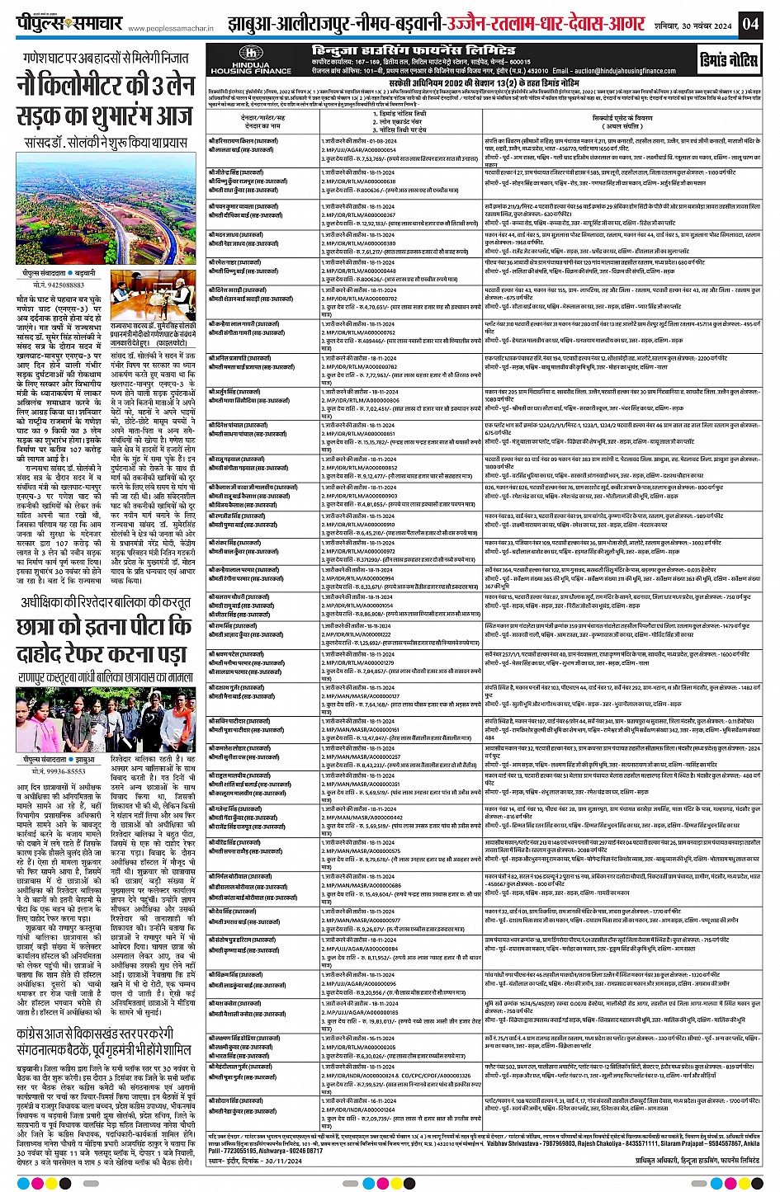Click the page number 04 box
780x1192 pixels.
pyautogui.click(x=749, y=22)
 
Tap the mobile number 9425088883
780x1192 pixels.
pyautogui.click(x=60, y=285)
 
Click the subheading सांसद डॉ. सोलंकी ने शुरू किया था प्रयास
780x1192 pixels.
pyautogui.click(x=106, y=141)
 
